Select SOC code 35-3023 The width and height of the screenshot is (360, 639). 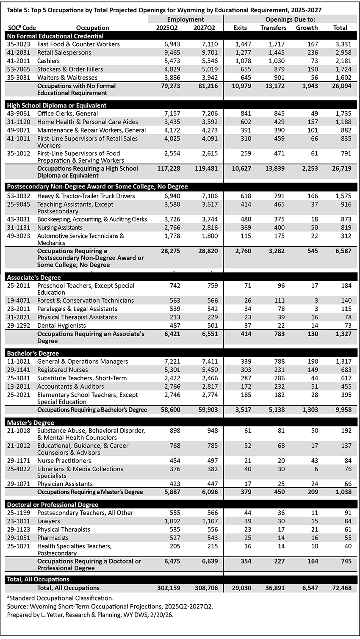coord(18,44)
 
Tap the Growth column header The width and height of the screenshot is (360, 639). coord(307,28)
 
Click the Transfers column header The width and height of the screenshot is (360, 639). coord(273,28)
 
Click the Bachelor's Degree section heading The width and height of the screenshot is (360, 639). coord(33,353)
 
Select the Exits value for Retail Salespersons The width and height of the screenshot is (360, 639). coord(240,53)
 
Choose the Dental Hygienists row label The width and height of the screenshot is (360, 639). coord(61,325)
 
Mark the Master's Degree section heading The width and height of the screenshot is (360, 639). coord(30,423)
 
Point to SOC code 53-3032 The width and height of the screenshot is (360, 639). coord(18,196)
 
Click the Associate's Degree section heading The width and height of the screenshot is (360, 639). coord(34,277)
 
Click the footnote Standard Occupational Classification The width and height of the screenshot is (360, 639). coord(61,598)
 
